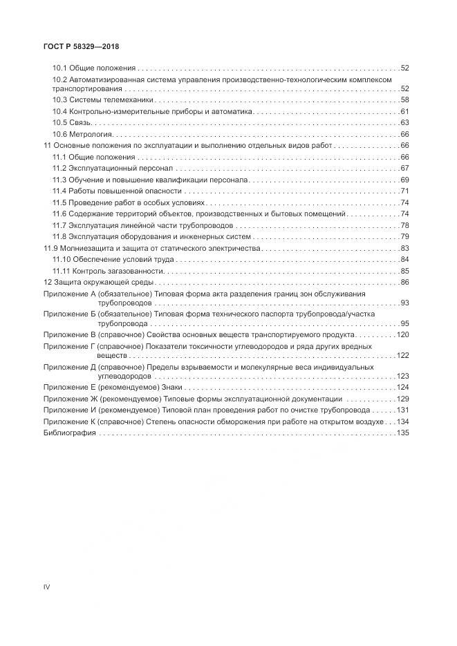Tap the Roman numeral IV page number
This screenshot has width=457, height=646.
point(46,587)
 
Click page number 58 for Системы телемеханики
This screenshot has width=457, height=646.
point(405,100)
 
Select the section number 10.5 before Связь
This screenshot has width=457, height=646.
point(59,122)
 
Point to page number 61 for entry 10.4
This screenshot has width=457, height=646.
point(405,111)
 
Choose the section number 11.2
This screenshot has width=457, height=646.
point(59,169)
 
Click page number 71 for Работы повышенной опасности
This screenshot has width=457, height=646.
point(405,191)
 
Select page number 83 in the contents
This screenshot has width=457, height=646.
point(405,248)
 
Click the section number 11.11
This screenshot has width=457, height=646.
point(61,271)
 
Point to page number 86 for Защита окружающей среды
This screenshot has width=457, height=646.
point(405,282)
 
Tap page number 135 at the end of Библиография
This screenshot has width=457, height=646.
point(403,433)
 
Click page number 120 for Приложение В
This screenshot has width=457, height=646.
point(403,334)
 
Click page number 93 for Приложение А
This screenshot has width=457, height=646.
point(405,303)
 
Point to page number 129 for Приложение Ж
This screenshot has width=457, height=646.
point(403,399)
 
